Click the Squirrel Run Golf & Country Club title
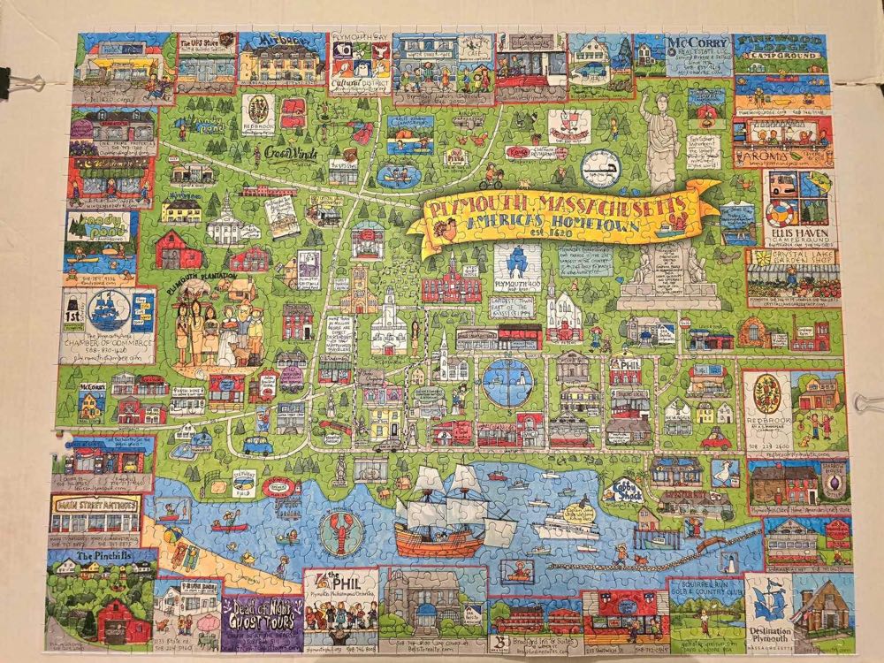705,588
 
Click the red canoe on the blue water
232,527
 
